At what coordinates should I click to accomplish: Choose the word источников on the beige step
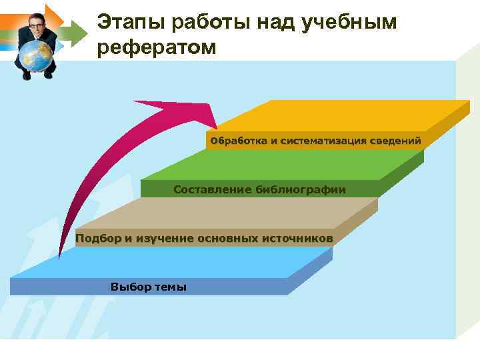297,238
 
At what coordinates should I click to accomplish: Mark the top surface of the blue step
173,263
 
